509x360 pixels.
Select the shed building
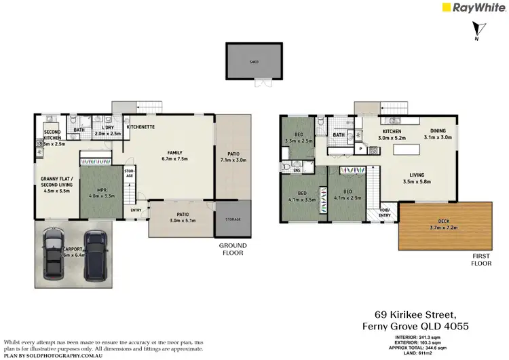pyautogui.click(x=254, y=60)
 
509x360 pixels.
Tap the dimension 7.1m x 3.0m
pyautogui.click(x=233, y=161)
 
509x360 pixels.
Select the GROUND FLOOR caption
pyautogui.click(x=233, y=249)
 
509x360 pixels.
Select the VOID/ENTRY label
pyautogui.click(x=385, y=213)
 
